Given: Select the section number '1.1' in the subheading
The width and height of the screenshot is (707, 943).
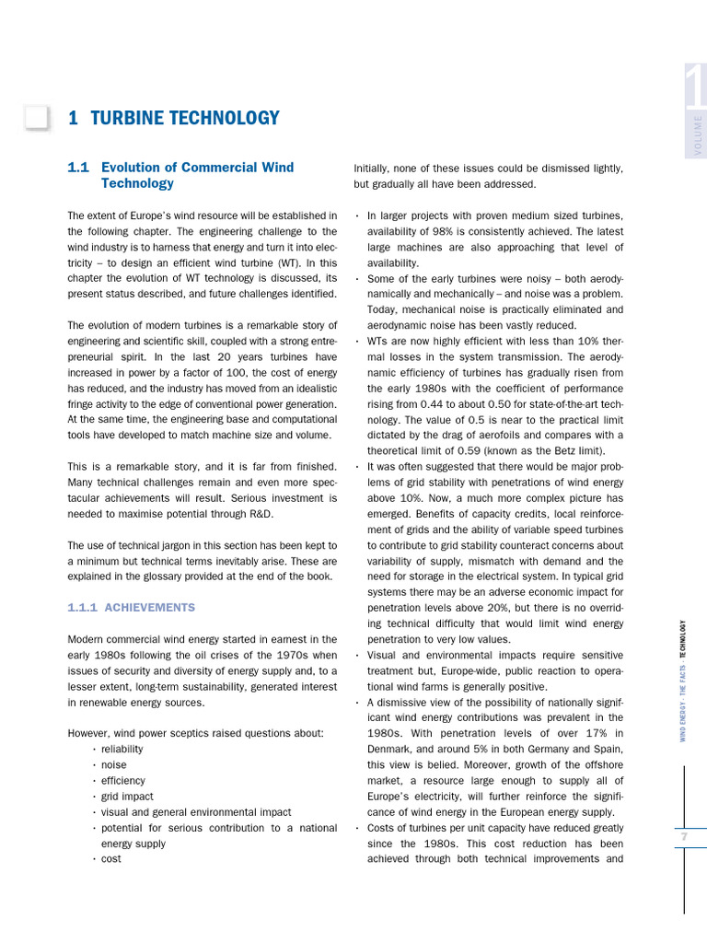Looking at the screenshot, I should (78, 168).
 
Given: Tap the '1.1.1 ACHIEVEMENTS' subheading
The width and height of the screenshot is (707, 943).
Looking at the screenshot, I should (132, 608).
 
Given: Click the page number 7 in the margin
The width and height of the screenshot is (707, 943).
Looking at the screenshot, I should (684, 836).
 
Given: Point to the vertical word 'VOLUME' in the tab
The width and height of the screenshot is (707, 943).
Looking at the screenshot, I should (698, 135).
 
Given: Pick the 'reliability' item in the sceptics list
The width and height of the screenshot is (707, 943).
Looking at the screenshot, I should (122, 749).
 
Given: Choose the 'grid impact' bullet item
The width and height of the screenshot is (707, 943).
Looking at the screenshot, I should (127, 797).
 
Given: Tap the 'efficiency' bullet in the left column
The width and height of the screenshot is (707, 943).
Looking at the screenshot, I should (122, 780).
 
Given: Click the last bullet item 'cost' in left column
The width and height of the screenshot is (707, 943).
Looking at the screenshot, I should (110, 859).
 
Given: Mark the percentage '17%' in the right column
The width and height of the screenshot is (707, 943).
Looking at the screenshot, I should (585, 733).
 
